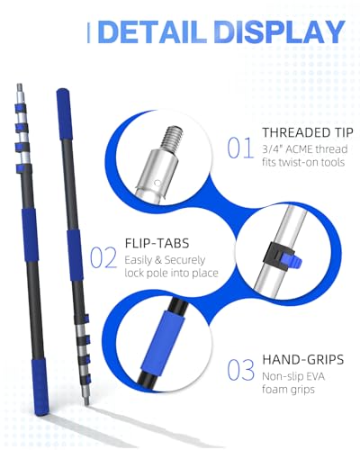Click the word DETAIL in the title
coord(154,31)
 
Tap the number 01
coord(240,148)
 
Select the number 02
coord(103,257)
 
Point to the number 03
coord(240,370)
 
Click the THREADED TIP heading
coord(308,132)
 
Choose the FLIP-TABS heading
coord(157,243)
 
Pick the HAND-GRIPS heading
coord(303,359)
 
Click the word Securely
coord(184,260)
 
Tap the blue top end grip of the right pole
coord(64,114)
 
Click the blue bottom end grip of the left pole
coord(40,389)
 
